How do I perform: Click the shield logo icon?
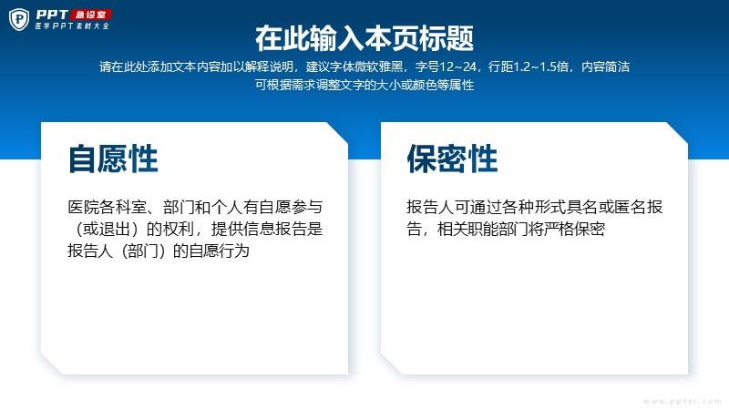pos(19,19)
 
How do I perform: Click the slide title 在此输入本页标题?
pos(364,38)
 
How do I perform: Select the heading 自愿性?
pos(113,159)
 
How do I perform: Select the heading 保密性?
pos(452,159)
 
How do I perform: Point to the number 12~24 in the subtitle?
pos(458,67)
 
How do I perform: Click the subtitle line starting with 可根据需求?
pos(364,85)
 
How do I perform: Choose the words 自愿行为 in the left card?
pos(219,251)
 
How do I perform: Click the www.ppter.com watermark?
pos(682,401)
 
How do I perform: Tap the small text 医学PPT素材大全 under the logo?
pos(72,26)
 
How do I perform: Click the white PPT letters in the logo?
pos(52,15)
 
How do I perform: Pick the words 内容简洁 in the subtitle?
pos(605,67)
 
